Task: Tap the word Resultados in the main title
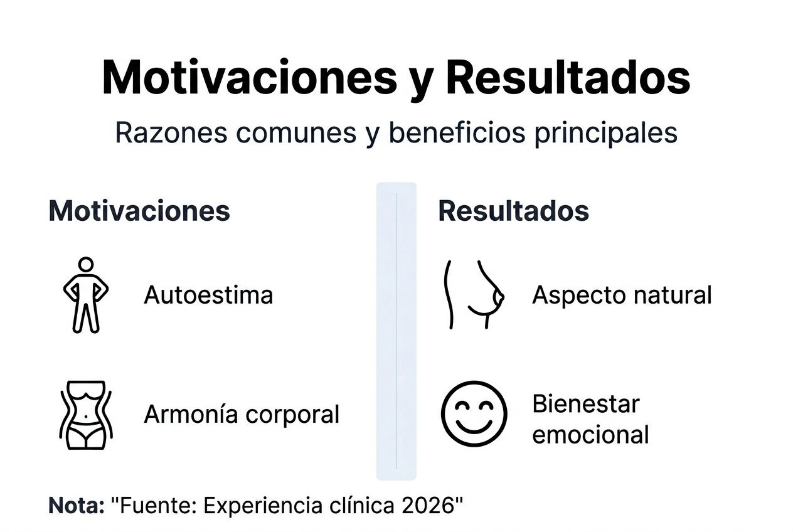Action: [568, 78]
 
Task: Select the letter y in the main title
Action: [419, 82]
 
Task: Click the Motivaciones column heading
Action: [139, 211]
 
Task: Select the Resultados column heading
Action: [513, 211]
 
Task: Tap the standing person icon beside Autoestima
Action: [86, 294]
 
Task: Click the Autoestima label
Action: [208, 294]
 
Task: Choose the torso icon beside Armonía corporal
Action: [85, 414]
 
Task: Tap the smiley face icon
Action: [474, 413]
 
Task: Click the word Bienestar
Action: [585, 403]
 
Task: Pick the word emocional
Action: [590, 434]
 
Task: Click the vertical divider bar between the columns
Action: [396, 331]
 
